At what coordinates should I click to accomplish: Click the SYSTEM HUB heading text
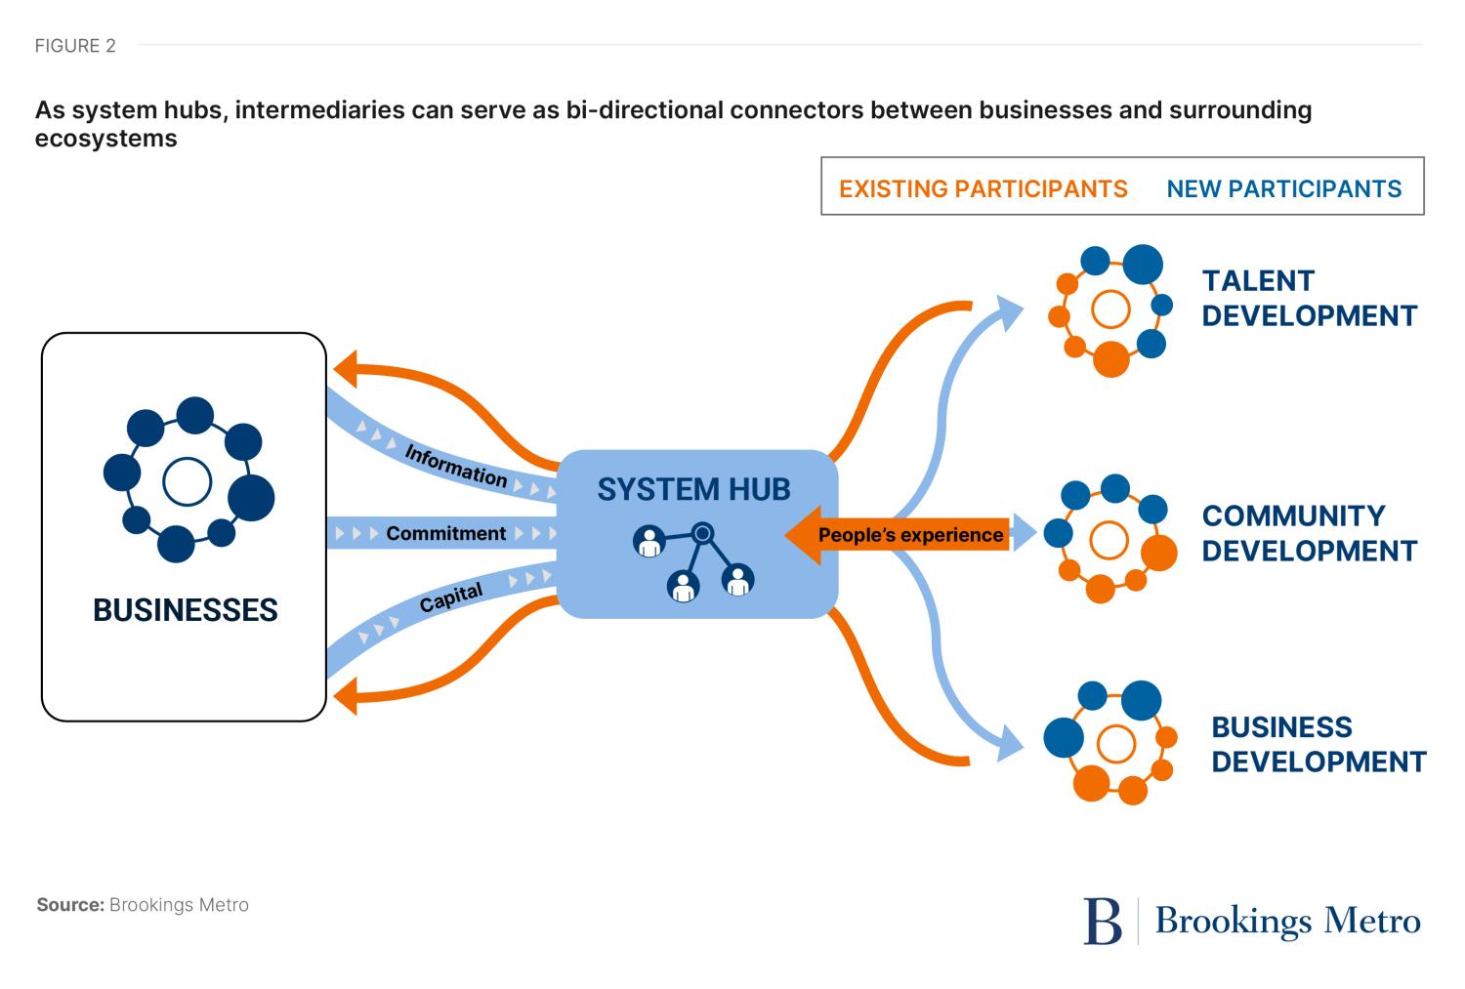(x=693, y=489)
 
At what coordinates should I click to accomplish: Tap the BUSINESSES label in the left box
(x=186, y=610)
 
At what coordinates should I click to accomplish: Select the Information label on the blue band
(x=455, y=466)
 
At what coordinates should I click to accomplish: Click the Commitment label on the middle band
(x=445, y=534)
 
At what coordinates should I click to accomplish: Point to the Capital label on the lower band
(x=451, y=598)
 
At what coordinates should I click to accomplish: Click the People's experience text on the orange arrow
(x=910, y=535)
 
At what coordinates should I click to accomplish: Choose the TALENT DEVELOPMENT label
(x=1309, y=299)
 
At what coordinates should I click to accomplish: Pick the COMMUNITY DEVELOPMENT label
(x=1309, y=533)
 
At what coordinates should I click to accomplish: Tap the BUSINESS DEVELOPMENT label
(x=1318, y=744)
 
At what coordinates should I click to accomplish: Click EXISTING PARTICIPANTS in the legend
(x=983, y=188)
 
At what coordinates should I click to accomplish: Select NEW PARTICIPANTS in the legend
(x=1283, y=188)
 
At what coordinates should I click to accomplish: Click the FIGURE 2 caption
(x=75, y=46)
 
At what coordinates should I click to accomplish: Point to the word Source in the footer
(x=69, y=905)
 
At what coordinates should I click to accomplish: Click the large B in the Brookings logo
(x=1103, y=921)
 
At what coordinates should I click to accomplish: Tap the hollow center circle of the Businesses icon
(x=187, y=481)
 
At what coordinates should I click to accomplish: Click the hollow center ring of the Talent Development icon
(x=1109, y=309)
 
